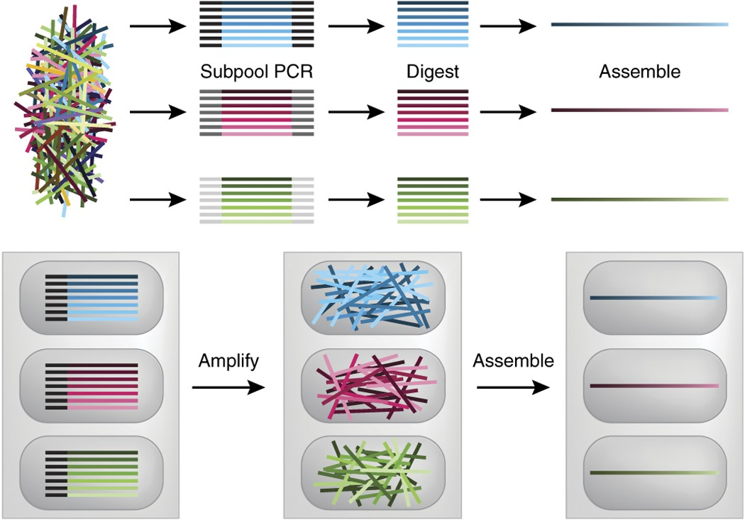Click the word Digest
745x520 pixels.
pyautogui.click(x=432, y=72)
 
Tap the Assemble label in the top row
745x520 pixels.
pyautogui.click(x=639, y=72)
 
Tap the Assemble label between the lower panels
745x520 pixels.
pyautogui.click(x=513, y=361)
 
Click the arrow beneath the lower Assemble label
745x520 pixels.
pyautogui.click(x=513, y=387)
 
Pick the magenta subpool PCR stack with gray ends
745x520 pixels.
pyautogui.click(x=257, y=112)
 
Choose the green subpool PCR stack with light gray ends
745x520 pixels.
pyautogui.click(x=257, y=201)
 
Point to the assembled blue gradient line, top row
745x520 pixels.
pyautogui.click(x=639, y=25)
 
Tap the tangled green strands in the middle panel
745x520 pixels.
pyautogui.click(x=371, y=470)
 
